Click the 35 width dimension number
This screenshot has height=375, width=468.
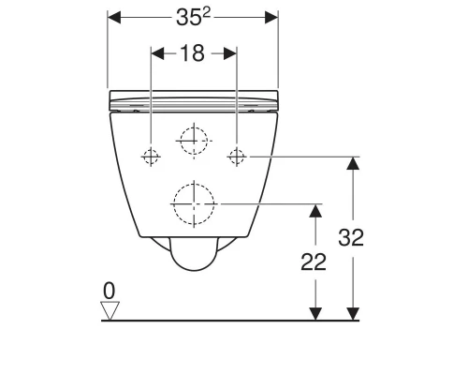point(188,19)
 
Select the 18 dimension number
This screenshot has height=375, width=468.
point(192,53)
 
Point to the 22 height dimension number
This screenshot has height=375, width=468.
point(315,262)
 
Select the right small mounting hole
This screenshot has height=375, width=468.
point(237,156)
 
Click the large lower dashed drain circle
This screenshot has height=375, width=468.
point(194,202)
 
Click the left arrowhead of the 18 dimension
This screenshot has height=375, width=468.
point(156,53)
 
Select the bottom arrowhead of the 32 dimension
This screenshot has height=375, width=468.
point(353,313)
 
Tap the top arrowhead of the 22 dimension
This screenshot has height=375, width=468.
point(315,209)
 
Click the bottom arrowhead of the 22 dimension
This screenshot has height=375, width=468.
point(315,313)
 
